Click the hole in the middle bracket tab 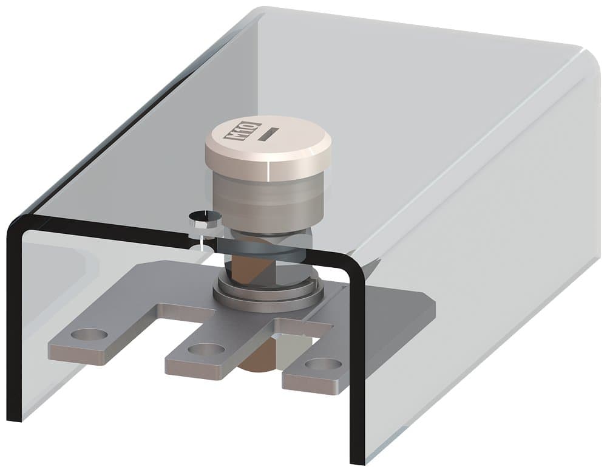click(205, 349)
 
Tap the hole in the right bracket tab click(322, 364)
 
